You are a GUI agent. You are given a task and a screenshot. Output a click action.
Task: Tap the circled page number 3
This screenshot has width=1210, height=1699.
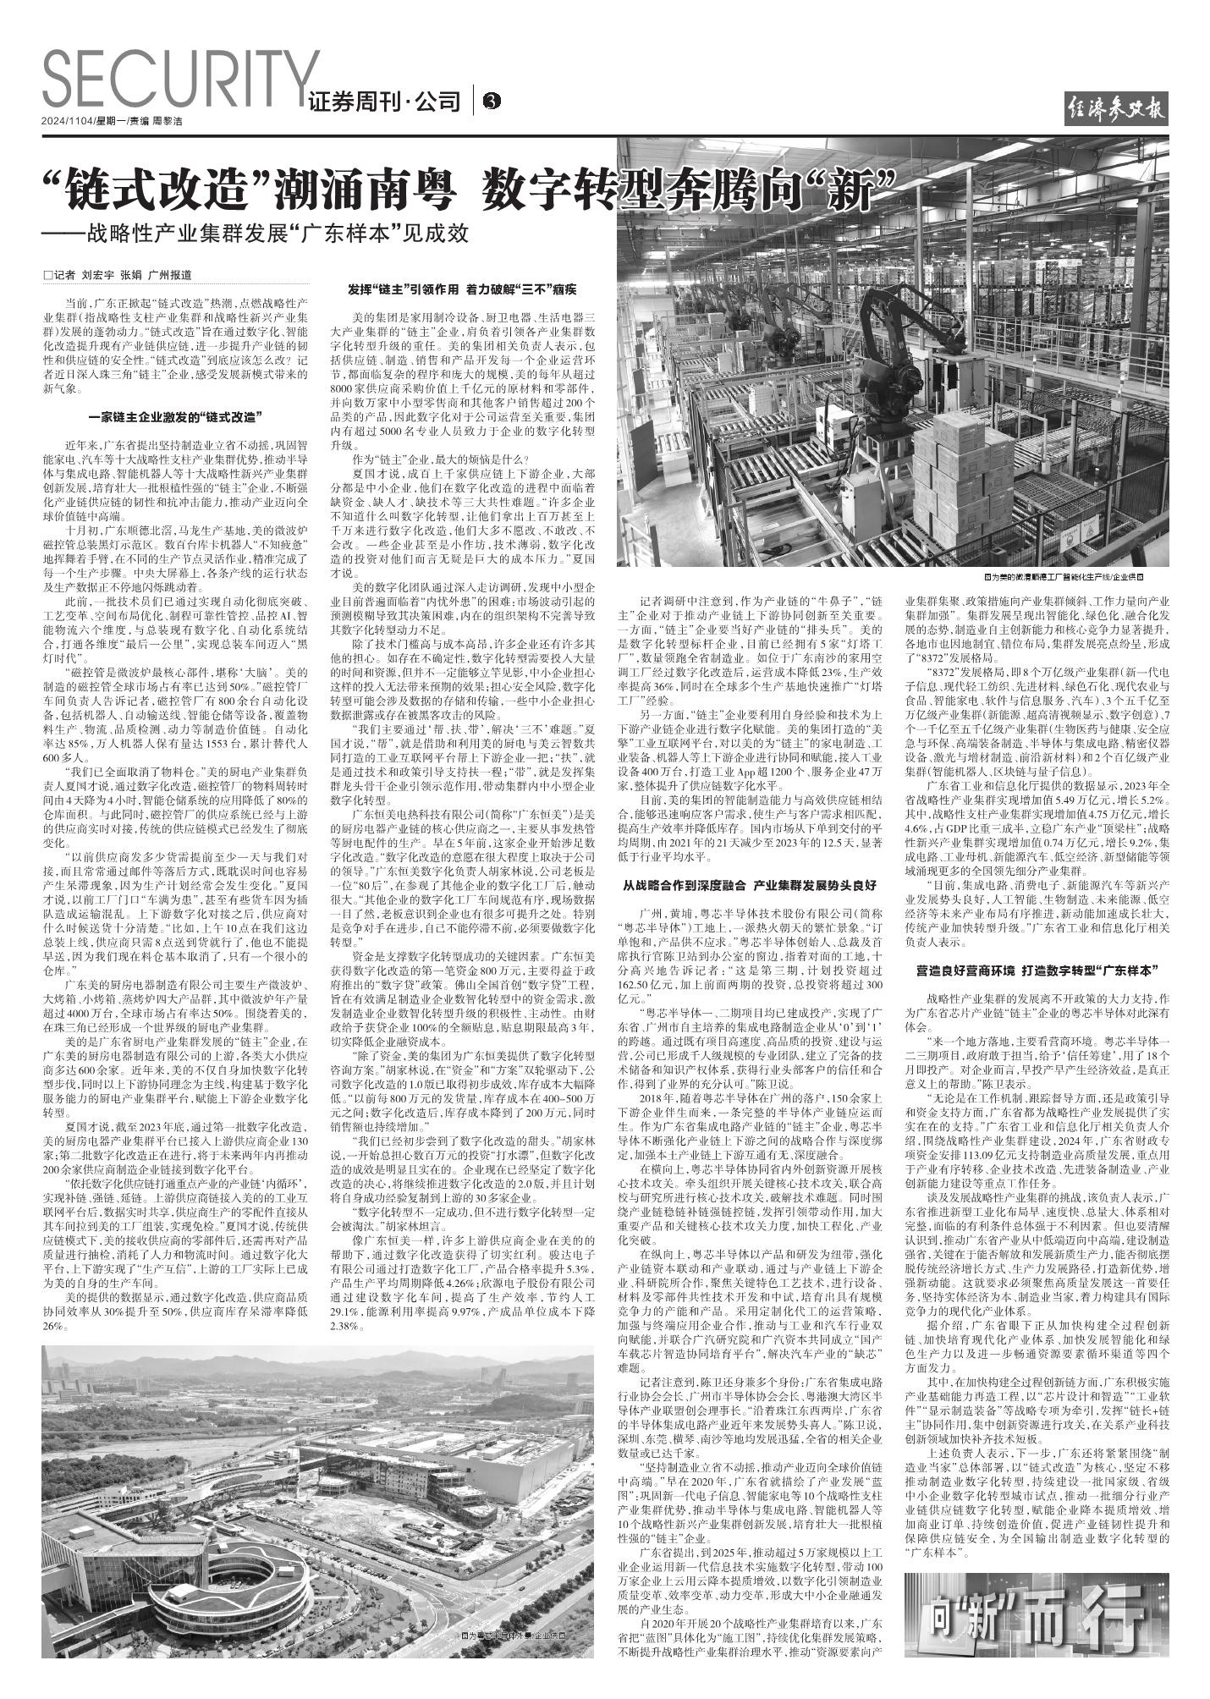(x=491, y=102)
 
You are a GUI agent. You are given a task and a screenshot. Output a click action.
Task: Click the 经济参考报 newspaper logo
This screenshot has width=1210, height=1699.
(x=1116, y=109)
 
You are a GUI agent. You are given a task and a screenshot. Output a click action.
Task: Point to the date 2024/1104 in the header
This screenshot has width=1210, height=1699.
(x=68, y=121)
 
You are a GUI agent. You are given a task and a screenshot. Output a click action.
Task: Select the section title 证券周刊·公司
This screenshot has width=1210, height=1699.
(x=385, y=102)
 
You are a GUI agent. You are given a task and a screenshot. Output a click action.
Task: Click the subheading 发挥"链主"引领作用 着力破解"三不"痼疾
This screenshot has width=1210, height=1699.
(x=462, y=289)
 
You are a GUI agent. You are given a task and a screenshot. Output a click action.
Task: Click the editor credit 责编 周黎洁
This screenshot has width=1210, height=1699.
(x=157, y=121)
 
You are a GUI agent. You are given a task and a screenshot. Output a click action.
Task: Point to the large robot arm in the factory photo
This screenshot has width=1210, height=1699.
(x=905, y=338)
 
